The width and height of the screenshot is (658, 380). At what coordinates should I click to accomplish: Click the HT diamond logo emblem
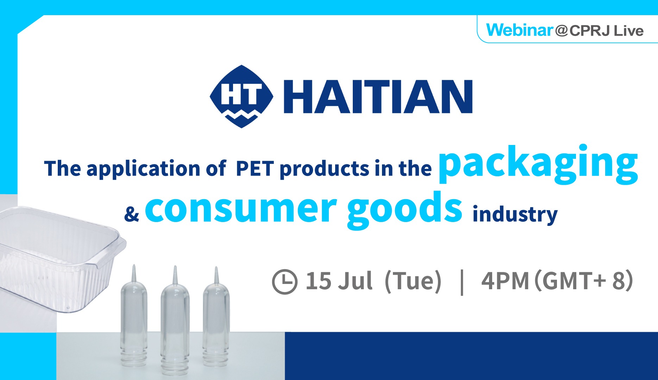241,96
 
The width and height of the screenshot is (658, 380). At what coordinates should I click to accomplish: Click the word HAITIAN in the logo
378,96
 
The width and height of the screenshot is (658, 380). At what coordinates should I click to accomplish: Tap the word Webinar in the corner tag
520,30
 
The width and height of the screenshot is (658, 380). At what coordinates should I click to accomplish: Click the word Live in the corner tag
629,31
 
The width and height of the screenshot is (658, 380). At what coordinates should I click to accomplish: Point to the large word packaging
538,164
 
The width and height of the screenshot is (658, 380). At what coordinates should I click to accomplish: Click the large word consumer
241,209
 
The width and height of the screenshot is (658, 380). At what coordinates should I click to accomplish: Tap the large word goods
405,209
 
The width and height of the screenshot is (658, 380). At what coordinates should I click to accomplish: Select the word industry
515,214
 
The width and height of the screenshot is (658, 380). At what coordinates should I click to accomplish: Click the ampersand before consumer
132,214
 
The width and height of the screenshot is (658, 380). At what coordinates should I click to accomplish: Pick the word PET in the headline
255,169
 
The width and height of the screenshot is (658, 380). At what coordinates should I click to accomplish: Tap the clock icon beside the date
285,281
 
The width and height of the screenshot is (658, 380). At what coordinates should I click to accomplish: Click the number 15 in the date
318,281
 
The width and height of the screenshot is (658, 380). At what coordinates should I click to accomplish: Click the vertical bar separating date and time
462,282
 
